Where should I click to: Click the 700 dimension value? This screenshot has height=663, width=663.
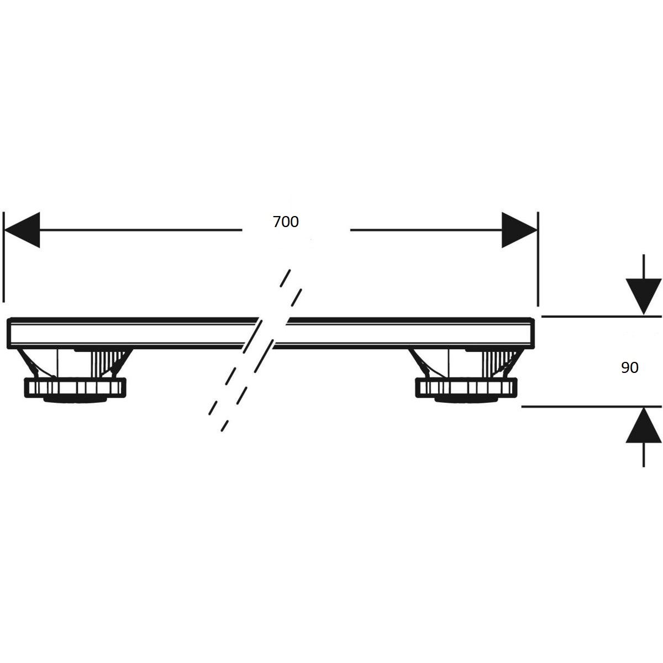click(x=286, y=222)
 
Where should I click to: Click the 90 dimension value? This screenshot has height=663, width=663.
click(x=630, y=367)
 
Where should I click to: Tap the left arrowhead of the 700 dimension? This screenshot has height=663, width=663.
click(x=22, y=229)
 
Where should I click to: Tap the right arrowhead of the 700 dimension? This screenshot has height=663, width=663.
click(x=519, y=229)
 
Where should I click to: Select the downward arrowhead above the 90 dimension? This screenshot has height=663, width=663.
click(x=644, y=297)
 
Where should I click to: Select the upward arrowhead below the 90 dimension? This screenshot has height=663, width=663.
click(x=644, y=424)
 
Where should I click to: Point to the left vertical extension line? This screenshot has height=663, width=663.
click(x=4, y=257)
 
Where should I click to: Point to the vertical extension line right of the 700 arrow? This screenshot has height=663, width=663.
click(x=538, y=259)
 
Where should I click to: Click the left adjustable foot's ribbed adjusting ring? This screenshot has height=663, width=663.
click(x=76, y=387)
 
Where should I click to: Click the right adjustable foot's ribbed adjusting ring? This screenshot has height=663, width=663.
click(x=466, y=387)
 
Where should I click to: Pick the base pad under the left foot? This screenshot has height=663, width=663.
click(x=75, y=400)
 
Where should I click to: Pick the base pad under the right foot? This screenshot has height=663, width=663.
click(x=466, y=400)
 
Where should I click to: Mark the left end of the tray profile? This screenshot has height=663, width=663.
click(x=8, y=333)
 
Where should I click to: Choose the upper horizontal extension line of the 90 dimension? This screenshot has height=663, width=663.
click(x=602, y=316)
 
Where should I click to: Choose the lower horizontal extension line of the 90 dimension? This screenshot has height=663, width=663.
click(x=591, y=406)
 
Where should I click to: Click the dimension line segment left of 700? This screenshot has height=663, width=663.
click(x=141, y=229)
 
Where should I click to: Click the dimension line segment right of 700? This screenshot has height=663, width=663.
click(x=426, y=229)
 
